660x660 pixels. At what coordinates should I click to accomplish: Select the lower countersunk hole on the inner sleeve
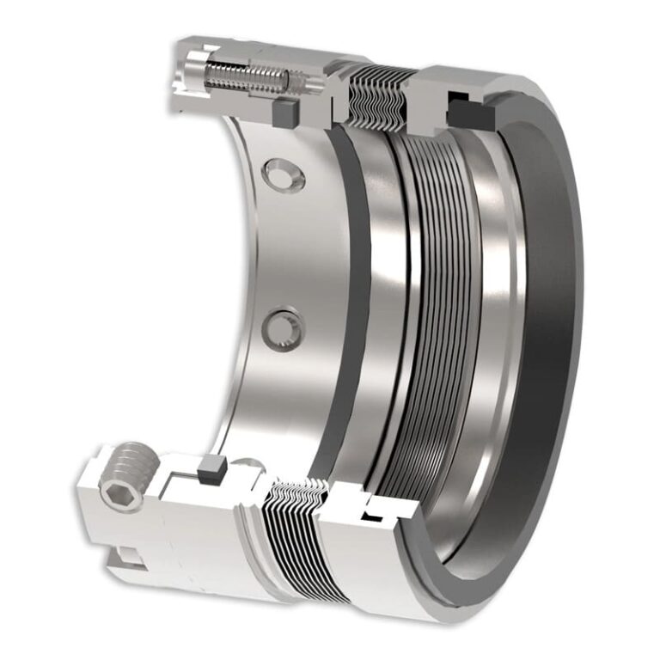(284, 329)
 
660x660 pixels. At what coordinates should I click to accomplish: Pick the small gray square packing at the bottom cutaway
(210, 469)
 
